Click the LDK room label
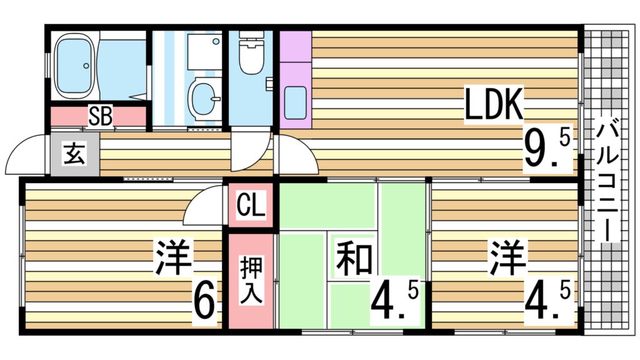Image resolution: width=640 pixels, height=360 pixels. point(494,106)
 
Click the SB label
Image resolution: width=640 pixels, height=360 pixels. point(100,117)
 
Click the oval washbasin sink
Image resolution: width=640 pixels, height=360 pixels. point(204,99)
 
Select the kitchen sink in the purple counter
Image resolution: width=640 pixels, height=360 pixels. point(294,101)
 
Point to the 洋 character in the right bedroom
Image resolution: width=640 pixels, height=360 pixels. point(507,258)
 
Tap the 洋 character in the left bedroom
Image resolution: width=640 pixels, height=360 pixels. point(172,258)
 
